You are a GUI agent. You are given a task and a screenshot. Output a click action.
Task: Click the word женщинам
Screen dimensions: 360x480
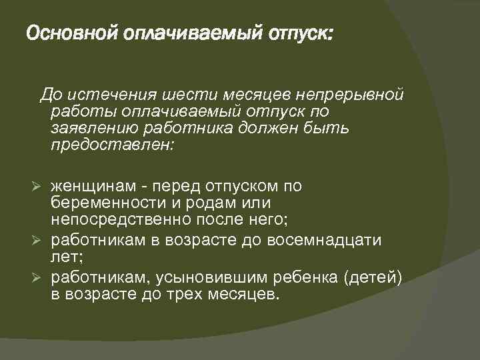pyautogui.click(x=93, y=185)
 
